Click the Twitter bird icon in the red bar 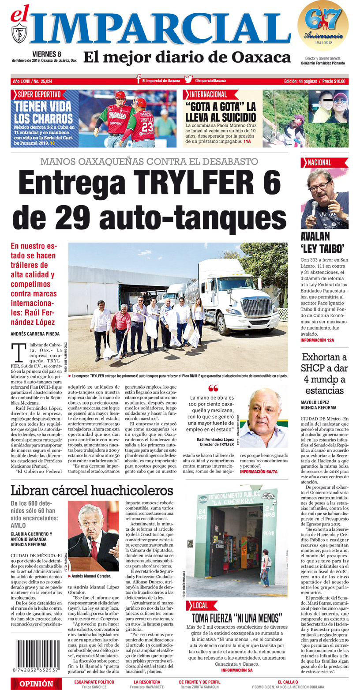(188, 80)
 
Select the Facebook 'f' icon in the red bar (139, 79)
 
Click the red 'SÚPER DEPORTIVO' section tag (39, 94)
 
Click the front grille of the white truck (257, 307)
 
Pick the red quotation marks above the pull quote (213, 388)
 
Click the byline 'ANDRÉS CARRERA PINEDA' (35, 334)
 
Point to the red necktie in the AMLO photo (94, 549)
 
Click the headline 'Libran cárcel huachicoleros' (92, 490)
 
